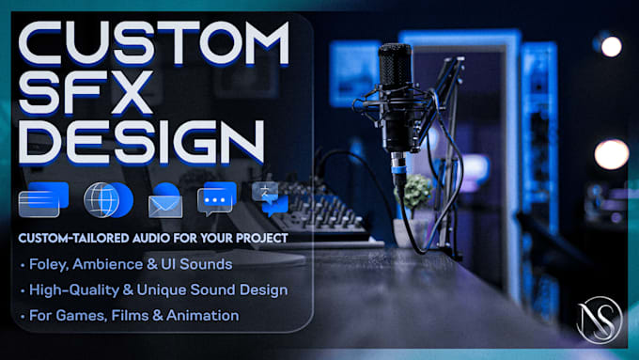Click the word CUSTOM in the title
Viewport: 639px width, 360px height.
click(154, 43)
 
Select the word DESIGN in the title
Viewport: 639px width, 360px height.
click(141, 142)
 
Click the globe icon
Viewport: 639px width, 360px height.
click(108, 200)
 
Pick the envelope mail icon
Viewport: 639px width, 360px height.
click(165, 200)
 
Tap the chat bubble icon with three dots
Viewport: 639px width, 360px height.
click(216, 199)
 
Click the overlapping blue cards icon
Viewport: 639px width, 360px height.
click(43, 199)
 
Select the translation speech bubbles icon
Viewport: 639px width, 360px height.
click(270, 198)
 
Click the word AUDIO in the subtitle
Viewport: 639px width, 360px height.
click(150, 238)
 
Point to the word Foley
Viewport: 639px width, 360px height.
click(49, 265)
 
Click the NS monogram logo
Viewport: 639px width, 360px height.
click(600, 320)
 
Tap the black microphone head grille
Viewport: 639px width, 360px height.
click(395, 65)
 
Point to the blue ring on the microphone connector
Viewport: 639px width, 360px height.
click(399, 169)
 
